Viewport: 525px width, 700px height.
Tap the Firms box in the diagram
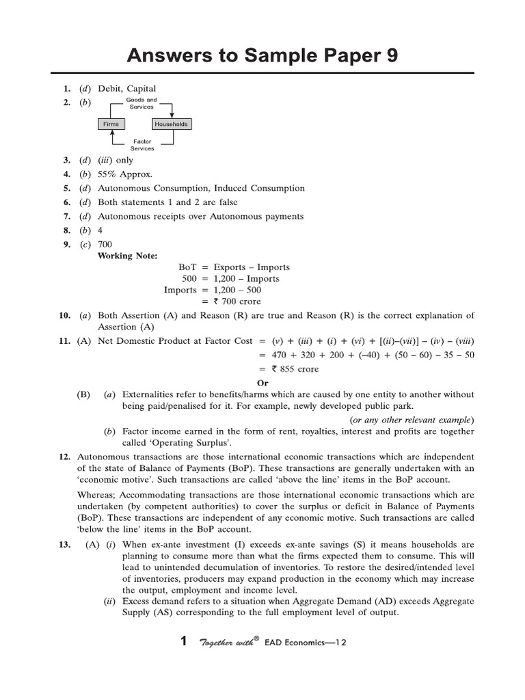point(111,124)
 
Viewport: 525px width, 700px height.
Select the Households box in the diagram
point(170,124)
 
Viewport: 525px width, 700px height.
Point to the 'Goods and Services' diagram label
point(142,103)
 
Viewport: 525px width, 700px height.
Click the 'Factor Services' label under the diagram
point(142,145)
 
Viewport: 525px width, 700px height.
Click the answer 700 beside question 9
point(105,244)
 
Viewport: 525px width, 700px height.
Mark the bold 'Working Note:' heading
point(127,256)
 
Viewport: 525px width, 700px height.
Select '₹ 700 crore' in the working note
point(237,301)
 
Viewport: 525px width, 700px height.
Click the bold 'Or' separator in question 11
point(262,383)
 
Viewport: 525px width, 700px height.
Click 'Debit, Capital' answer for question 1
point(127,89)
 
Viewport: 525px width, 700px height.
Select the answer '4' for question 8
point(100,230)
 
